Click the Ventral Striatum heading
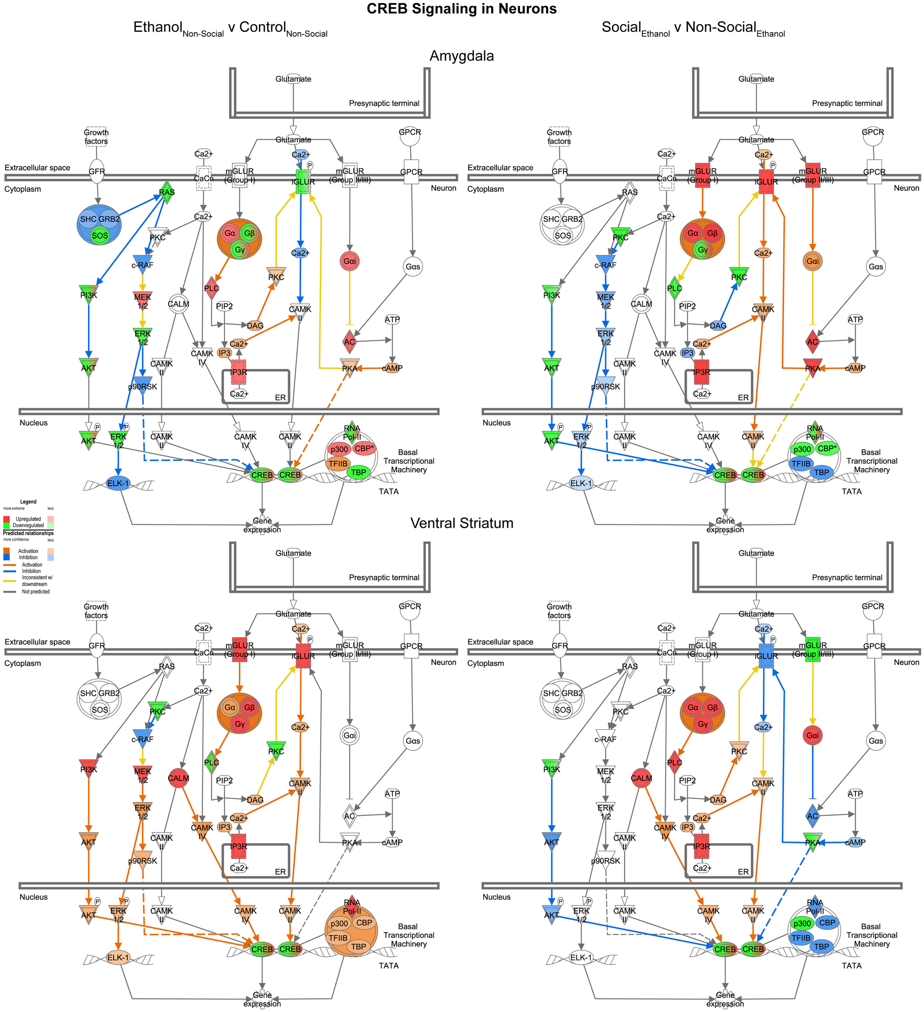point(462,523)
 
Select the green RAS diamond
point(167,192)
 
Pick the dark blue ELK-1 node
point(118,484)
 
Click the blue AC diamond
point(812,816)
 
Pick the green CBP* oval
point(827,448)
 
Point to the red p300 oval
point(339,449)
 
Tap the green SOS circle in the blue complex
point(100,235)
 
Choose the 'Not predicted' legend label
point(36,592)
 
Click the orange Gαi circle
point(812,261)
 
